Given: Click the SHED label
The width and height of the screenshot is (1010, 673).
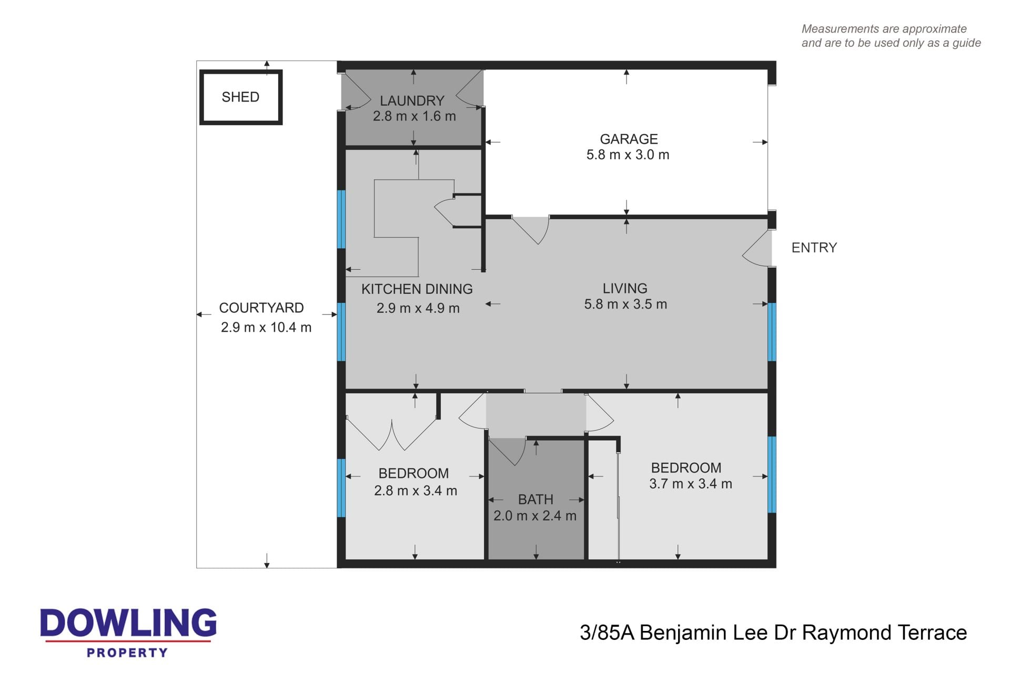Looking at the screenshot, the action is (x=240, y=97).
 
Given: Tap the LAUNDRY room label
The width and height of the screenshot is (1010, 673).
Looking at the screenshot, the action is (x=412, y=100).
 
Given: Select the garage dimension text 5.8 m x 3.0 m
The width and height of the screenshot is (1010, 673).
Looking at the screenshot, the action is (x=628, y=155).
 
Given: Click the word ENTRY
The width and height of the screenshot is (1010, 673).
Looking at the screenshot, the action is (x=814, y=248).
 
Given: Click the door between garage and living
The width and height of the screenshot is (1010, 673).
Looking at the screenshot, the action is (x=531, y=229).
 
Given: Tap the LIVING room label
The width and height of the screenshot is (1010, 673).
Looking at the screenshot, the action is (x=625, y=289).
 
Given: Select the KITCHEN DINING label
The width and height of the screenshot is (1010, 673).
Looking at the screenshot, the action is (x=417, y=289).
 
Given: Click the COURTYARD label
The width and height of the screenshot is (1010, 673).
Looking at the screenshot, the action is (x=261, y=308).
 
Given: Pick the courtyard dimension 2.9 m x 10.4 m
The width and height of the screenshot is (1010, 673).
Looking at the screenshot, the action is (x=266, y=328).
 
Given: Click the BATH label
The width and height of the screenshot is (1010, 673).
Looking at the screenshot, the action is (x=536, y=499).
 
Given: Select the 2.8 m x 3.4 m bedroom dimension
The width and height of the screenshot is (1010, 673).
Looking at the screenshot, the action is (x=416, y=491).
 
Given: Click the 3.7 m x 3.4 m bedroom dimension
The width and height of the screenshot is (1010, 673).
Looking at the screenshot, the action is (x=691, y=484).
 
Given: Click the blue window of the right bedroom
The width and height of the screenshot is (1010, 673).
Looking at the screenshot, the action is (x=772, y=475).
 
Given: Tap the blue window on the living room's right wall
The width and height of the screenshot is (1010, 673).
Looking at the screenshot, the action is (x=772, y=332).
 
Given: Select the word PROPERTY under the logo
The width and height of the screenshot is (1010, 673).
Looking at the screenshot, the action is (x=127, y=653).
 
